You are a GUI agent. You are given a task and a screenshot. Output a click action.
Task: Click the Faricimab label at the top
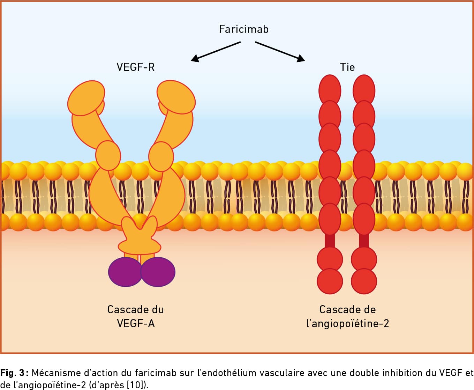(x=243, y=29)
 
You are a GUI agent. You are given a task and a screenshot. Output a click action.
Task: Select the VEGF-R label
(x=135, y=67)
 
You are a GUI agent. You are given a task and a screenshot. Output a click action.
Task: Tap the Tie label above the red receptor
(x=347, y=67)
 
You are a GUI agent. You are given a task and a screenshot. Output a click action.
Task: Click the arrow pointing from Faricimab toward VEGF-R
(x=215, y=52)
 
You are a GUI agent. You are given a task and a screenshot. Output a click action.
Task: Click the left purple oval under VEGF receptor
(x=125, y=272)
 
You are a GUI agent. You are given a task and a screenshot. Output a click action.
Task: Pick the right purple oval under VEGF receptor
(x=158, y=272)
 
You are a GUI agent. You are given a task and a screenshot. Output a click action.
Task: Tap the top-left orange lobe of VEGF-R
(x=86, y=98)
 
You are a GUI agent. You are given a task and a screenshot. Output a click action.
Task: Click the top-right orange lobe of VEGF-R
(x=176, y=97)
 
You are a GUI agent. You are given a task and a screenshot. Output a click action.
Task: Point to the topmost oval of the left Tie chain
(x=330, y=89)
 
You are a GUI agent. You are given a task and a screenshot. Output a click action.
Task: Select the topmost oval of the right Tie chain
(x=364, y=89)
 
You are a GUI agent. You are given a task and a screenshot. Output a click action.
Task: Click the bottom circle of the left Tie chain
(x=330, y=281)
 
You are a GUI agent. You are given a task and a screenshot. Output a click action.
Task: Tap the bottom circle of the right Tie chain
(x=364, y=281)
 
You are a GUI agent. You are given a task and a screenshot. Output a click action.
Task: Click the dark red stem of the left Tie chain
(x=330, y=241)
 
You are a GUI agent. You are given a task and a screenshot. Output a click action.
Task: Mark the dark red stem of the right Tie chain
(x=364, y=241)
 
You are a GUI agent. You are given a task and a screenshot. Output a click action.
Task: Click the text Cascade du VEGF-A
(x=135, y=316)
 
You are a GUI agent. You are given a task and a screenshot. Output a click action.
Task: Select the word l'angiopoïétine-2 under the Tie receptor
(x=347, y=324)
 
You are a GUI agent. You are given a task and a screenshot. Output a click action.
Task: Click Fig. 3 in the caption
(x=13, y=373)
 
